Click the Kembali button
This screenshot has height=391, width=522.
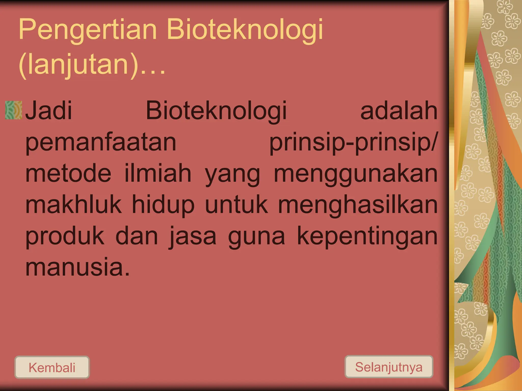[52, 367]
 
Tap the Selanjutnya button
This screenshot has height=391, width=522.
[389, 367]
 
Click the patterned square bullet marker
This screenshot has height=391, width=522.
[14, 110]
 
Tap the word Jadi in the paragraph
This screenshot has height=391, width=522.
[49, 111]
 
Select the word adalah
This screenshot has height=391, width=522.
[399, 111]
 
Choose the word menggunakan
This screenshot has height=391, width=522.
[356, 174]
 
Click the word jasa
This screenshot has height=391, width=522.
[193, 237]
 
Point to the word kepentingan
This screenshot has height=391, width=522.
[367, 237]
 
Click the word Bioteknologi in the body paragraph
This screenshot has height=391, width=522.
[216, 111]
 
